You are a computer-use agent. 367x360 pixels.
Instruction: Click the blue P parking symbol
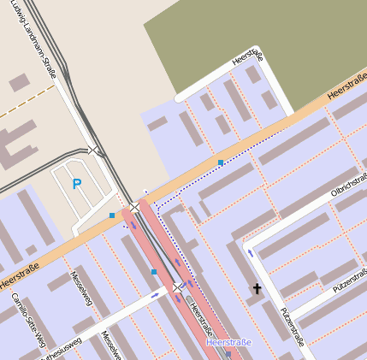76,183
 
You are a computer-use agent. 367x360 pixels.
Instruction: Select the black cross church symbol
256,289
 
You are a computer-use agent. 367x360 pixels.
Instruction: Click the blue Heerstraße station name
228,343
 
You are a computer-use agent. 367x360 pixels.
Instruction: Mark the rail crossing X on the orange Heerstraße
134,207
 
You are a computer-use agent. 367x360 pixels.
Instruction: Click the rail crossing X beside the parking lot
92,150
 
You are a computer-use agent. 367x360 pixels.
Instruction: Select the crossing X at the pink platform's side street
177,287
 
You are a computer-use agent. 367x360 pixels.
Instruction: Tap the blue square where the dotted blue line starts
221,162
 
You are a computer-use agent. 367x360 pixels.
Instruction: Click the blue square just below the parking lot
112,215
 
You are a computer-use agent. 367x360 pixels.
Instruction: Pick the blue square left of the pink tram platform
154,272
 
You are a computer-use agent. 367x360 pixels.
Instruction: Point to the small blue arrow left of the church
250,252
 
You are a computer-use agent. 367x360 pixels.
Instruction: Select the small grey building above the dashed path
20,82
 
